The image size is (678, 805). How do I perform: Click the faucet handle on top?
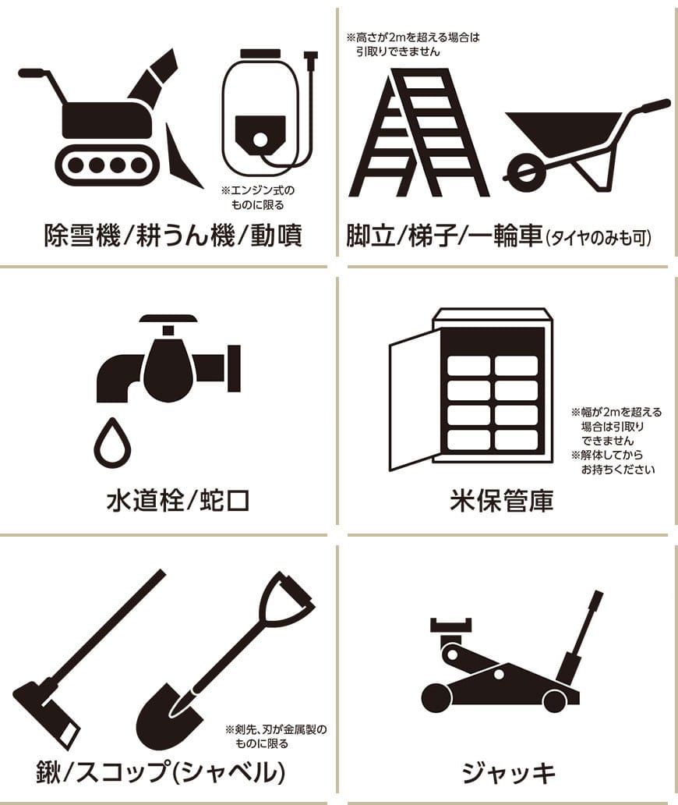168,320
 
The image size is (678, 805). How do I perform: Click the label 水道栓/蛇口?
178,500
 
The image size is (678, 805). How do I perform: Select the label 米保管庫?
502,500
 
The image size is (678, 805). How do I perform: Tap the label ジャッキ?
509,773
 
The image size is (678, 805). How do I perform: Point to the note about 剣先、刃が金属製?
276,736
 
